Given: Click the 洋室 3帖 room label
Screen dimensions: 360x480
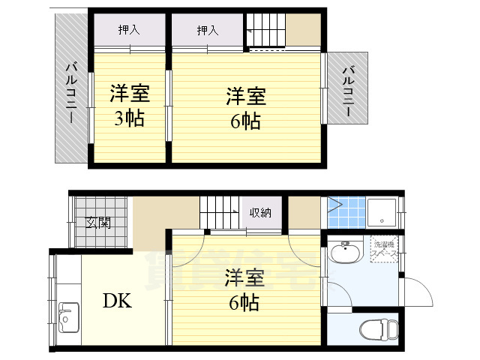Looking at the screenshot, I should point(130,106).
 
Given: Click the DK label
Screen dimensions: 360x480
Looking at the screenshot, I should point(118,301).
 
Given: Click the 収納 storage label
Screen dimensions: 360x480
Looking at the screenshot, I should point(261,213).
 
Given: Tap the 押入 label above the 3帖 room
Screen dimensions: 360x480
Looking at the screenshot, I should point(129,30).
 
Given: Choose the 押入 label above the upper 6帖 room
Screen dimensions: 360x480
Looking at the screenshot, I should point(208,30).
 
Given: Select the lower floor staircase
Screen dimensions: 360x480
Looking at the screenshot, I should point(218,212).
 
